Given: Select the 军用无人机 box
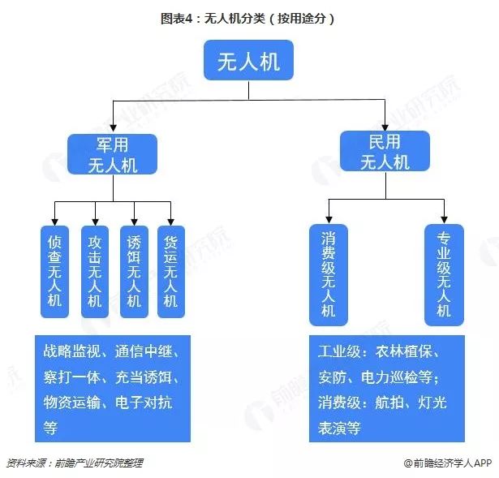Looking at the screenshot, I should (x=112, y=154).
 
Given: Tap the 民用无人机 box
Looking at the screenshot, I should (x=385, y=152).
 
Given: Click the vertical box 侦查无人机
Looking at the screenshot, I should (x=54, y=271).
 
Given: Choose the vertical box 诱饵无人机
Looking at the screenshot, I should (x=134, y=271).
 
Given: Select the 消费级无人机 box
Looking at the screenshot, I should (x=328, y=275).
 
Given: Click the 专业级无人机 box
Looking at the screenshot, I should (x=444, y=275).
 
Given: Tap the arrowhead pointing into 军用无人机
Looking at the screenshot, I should (x=112, y=129).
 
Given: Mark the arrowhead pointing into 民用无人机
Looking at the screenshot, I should (x=385, y=127).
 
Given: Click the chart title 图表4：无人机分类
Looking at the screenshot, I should (x=247, y=17).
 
